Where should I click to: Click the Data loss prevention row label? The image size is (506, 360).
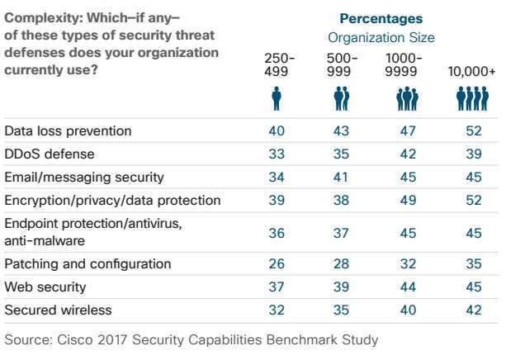(68, 131)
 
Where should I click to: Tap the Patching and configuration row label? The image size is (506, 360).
(87, 264)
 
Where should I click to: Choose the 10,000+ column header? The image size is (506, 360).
(472, 71)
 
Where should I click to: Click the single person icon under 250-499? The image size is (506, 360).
(277, 99)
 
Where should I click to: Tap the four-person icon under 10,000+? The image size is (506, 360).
(472, 99)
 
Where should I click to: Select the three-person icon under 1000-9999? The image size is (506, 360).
(406, 99)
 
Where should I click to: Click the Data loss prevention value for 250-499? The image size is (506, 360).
(277, 131)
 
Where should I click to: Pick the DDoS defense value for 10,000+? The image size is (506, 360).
(472, 154)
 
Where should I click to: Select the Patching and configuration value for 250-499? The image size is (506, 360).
(277, 264)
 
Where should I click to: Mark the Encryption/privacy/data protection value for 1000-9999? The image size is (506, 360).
(406, 200)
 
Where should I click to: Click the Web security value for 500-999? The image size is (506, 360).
(340, 287)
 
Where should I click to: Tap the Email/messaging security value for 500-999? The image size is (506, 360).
(340, 177)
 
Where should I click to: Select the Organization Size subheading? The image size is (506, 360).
(381, 37)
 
